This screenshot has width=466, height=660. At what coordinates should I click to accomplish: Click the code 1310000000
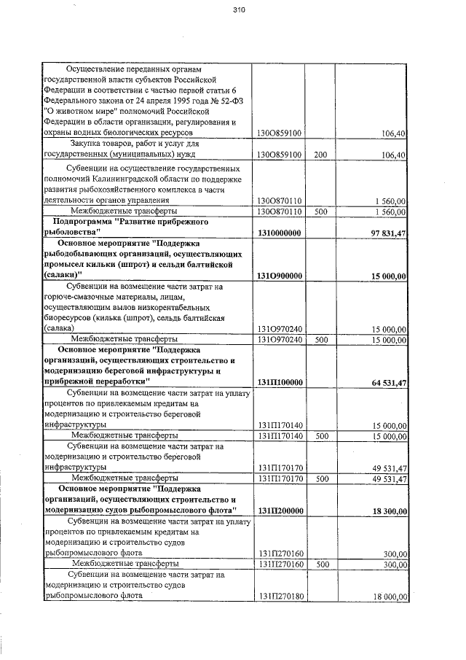280,232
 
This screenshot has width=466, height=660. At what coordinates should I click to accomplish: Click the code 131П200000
280,511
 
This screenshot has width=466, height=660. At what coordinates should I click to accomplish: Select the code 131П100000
280,382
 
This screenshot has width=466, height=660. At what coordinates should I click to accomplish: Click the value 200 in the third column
320,155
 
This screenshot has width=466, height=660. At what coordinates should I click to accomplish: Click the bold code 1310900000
280,275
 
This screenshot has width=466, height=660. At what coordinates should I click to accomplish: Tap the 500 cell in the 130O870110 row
320,211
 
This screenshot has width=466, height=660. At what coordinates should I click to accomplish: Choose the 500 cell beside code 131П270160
320,564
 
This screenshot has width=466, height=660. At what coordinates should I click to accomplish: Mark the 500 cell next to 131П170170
320,478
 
